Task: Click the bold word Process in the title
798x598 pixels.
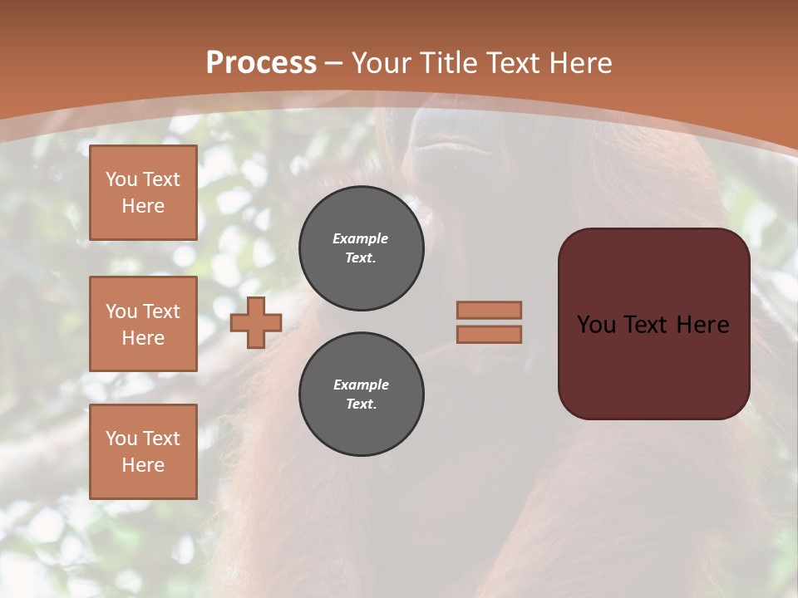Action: coord(261,63)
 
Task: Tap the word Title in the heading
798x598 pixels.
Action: coord(446,63)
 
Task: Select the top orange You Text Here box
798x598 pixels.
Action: coord(143,193)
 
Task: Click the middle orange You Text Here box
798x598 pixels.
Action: coord(143,324)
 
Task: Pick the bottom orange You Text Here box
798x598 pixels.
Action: coord(143,452)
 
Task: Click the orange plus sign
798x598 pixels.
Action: coord(256,323)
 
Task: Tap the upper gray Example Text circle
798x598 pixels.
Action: coord(361,248)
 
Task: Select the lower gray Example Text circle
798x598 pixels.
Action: coord(361,395)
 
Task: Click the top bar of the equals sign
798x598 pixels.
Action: coord(489,311)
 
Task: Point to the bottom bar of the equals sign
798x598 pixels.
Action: coord(489,335)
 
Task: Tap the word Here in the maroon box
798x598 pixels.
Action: coord(702,325)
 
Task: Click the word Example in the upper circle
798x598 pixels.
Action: coord(361,239)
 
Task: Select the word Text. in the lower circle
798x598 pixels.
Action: coord(361,404)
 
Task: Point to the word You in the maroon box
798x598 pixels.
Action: coord(597,325)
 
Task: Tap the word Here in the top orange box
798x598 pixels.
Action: coord(143,206)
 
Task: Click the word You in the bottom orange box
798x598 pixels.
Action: coord(121,439)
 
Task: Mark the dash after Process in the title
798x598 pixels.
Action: coord(334,63)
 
